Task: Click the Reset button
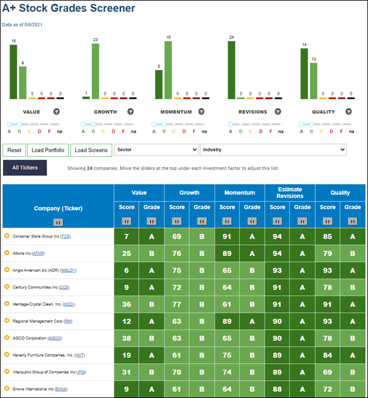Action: [14, 150]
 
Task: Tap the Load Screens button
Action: [91, 150]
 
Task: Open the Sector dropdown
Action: [156, 150]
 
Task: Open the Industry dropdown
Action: [273, 150]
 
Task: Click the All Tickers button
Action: [25, 168]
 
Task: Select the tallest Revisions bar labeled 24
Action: [232, 70]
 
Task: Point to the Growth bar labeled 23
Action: [96, 71]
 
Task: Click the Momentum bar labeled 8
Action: [159, 85]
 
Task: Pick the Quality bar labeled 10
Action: [313, 81]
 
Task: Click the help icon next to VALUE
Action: [56, 112]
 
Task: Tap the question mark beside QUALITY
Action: [349, 112]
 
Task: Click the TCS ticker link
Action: [65, 236]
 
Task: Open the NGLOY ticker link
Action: [68, 270]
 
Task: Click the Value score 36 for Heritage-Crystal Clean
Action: [126, 304]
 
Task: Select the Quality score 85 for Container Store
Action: [327, 237]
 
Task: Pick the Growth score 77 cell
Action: [176, 304]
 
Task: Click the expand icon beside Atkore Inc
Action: [7, 253]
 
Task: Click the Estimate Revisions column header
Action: [290, 193]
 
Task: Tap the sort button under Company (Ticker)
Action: [58, 223]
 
